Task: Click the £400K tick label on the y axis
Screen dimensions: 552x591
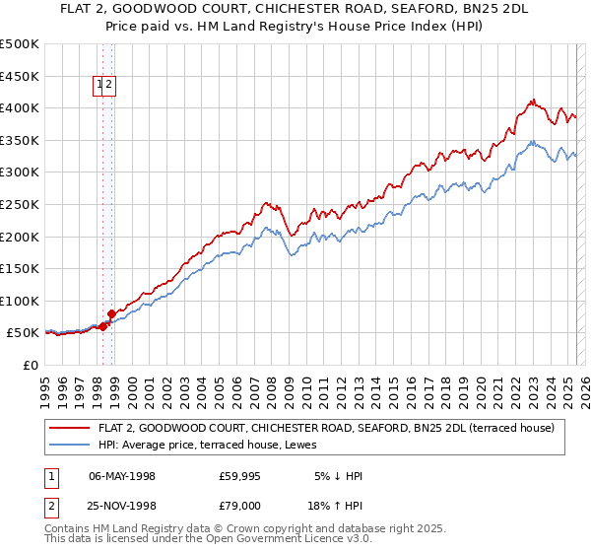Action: [20, 107]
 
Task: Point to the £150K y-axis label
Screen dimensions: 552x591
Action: [20, 268]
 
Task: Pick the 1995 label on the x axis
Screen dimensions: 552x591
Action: [44, 384]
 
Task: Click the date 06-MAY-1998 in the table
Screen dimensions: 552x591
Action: [122, 476]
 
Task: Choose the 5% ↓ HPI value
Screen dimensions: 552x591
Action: [337, 476]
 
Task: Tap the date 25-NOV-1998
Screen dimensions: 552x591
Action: [122, 505]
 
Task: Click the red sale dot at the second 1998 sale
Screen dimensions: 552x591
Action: [111, 313]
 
